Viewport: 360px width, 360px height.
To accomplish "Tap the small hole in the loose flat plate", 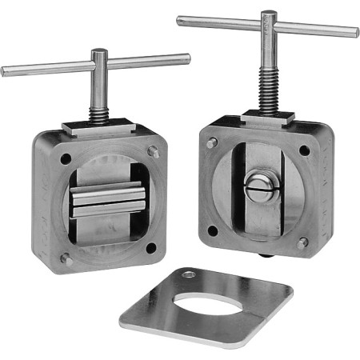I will tap(188, 275).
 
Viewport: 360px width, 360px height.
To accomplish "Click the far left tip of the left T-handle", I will tap(4, 72).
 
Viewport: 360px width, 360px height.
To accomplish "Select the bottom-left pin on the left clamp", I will tap(66, 260).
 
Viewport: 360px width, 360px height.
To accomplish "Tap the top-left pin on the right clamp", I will tap(211, 143).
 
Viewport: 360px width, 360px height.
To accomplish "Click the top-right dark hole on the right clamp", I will tap(304, 150).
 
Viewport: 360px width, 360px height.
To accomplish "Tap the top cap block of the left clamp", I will tap(98, 126).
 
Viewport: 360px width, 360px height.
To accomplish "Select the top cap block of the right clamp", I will tap(267, 117).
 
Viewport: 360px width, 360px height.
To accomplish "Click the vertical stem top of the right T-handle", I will tap(269, 18).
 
